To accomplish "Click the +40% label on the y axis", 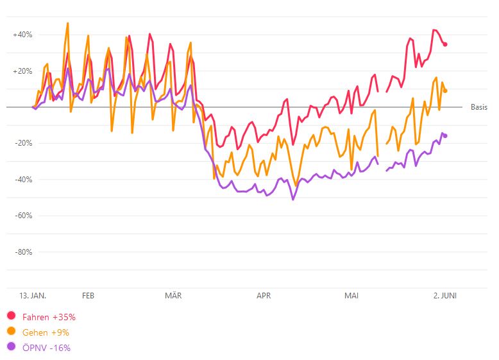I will [22, 35].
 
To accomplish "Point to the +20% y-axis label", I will [22, 71].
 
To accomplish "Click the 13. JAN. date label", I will [32, 296].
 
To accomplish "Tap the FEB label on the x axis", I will [89, 296].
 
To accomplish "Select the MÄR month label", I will [173, 296].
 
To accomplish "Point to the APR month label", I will [264, 296].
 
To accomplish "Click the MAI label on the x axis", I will [351, 296].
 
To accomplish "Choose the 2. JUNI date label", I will [444, 296].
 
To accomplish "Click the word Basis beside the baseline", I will [479, 107].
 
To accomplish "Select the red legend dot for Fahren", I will [11, 316].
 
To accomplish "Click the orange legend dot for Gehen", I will [11, 331].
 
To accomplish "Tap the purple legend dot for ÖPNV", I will [11, 347].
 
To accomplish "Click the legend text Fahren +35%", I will [49, 316].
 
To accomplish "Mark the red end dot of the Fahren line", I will [445, 44].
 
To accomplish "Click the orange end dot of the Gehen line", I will [445, 90].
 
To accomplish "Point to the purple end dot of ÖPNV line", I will [445, 135].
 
